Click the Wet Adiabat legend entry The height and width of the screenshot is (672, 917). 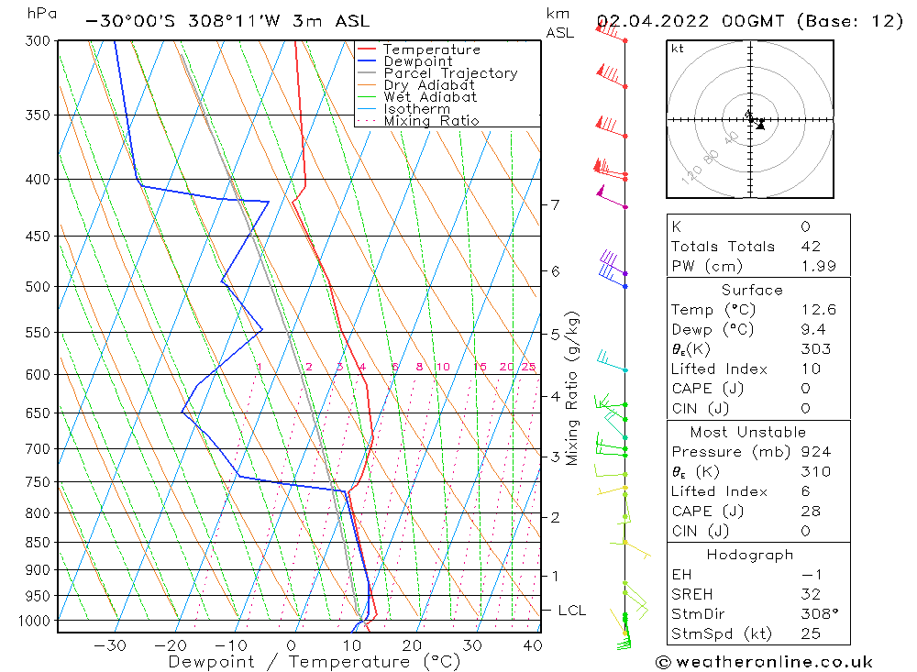click(430, 97)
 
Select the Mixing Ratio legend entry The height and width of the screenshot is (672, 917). click(431, 121)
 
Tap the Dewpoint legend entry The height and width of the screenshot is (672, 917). click(417, 61)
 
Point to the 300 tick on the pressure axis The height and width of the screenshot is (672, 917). click(39, 40)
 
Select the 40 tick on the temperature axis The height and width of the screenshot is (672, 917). click(531, 645)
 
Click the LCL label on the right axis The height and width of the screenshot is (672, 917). click(572, 611)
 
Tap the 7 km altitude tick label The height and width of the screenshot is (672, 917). click(556, 204)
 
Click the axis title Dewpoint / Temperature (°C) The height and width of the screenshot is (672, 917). click(315, 662)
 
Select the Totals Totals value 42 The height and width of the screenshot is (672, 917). click(811, 247)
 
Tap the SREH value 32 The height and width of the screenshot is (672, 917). click(811, 594)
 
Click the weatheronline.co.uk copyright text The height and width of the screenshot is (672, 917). click(764, 662)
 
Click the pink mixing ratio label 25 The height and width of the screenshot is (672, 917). click(528, 367)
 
